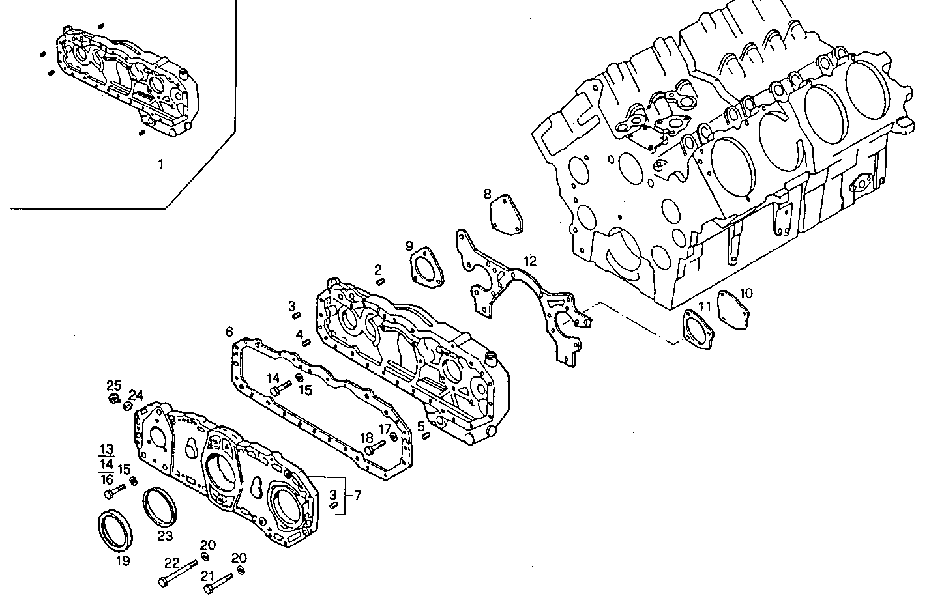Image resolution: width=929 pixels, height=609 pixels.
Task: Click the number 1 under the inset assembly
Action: (160, 164)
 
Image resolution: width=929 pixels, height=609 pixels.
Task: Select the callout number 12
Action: (529, 261)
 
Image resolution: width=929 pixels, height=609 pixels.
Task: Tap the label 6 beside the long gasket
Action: (229, 332)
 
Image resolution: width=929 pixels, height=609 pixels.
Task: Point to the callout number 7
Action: (357, 496)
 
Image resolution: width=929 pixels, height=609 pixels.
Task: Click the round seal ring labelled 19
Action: (115, 528)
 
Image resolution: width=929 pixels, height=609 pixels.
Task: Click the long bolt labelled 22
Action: (177, 573)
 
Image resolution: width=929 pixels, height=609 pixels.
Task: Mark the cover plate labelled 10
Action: (730, 307)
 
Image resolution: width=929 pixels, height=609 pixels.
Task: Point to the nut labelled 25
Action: (114, 399)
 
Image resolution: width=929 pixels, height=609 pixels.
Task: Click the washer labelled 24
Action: (128, 407)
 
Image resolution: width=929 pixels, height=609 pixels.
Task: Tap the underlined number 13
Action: (106, 449)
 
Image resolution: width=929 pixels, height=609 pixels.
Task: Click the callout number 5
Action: (421, 427)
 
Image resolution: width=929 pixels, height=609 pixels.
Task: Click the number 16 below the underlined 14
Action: (106, 479)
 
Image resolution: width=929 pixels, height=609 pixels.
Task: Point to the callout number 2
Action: (377, 270)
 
